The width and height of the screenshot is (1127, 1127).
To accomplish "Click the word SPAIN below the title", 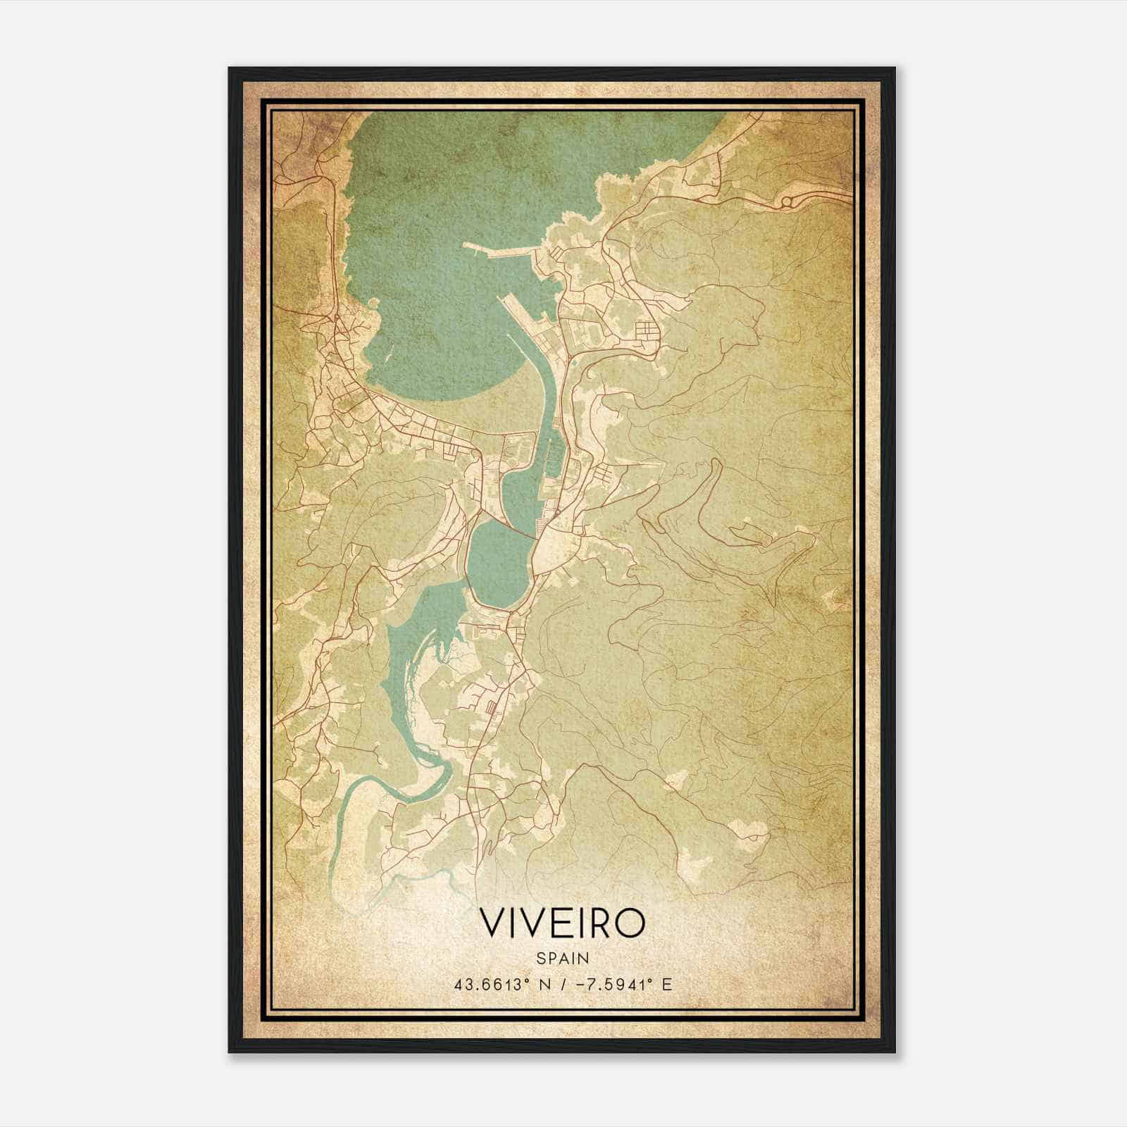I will [x=563, y=958].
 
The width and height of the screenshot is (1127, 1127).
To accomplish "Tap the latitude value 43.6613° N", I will [x=501, y=984].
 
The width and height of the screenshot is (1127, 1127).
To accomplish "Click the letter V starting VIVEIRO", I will [x=493, y=923].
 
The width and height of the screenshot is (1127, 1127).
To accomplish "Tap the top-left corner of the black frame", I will [x=230, y=68].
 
